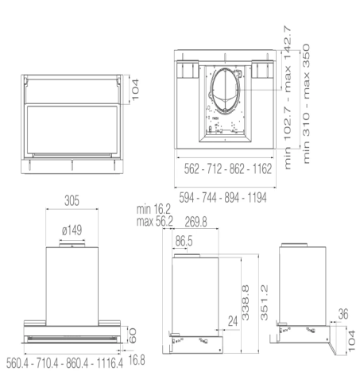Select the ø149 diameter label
tap(72, 230)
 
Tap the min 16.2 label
tap(154, 209)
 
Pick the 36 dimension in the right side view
tap(343, 315)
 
